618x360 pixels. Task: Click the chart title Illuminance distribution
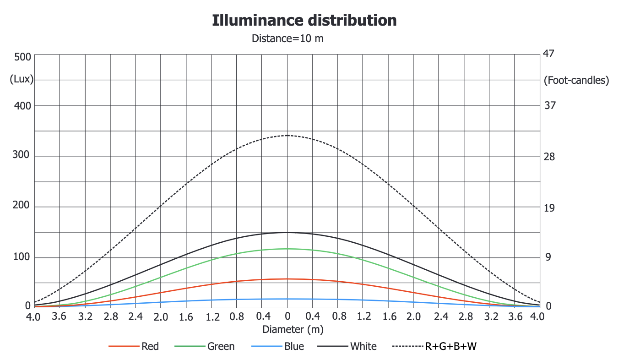pos(304,21)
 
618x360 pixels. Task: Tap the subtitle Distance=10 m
pos(287,38)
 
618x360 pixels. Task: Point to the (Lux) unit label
pos(22,79)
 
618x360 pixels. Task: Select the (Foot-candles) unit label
pos(576,80)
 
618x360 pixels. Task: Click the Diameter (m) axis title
pos(287,329)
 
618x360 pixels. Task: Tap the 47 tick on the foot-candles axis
pos(549,54)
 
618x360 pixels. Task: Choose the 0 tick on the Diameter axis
pos(287,316)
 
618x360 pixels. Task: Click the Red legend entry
pos(150,346)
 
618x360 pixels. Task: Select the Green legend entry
pos(221,346)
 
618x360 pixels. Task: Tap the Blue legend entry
pos(294,346)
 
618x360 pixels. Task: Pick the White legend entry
pos(363,346)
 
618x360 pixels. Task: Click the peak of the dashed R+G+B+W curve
pos(287,136)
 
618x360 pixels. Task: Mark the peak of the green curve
pos(287,249)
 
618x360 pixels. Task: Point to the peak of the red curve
pos(287,279)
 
